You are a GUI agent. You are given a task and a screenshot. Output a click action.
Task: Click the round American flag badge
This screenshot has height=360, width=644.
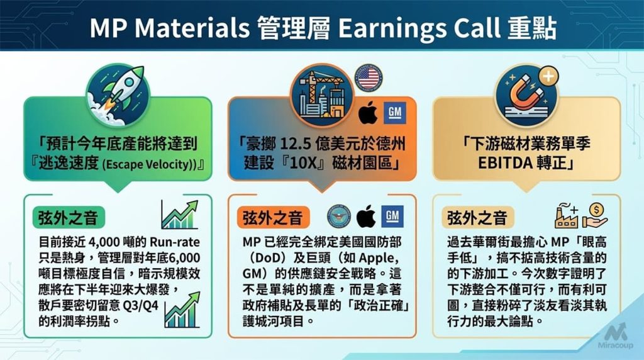click(368, 77)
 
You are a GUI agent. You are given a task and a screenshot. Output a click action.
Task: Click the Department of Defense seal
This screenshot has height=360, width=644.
click(340, 217)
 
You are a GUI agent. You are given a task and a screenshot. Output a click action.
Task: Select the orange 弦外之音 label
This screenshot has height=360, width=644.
click(272, 218)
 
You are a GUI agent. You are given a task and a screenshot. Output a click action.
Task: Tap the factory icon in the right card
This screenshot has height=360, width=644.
click(566, 216)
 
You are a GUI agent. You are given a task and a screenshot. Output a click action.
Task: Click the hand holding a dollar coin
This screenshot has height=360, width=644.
click(594, 216)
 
